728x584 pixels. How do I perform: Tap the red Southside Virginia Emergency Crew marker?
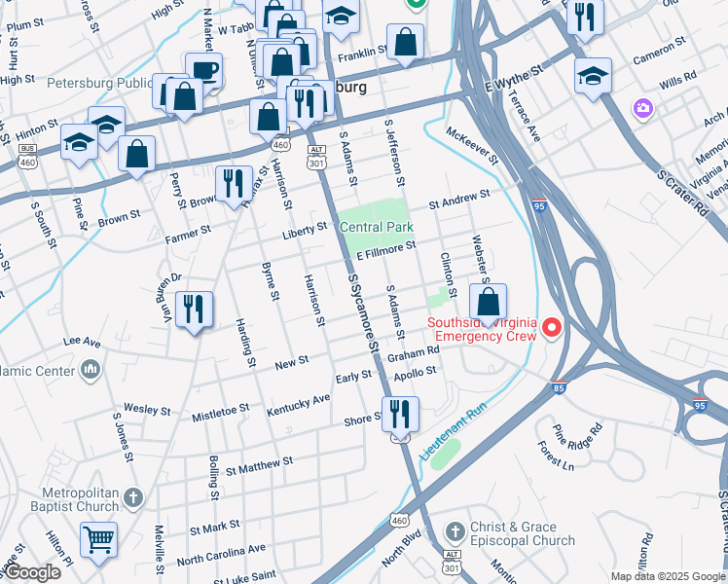[x=553, y=328]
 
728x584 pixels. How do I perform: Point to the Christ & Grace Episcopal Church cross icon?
[x=454, y=531]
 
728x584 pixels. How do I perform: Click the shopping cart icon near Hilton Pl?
[x=98, y=538]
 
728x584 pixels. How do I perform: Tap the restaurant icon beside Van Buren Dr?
[x=194, y=310]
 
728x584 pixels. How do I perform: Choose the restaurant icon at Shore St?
[x=400, y=414]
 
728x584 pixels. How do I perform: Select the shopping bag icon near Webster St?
[x=488, y=302]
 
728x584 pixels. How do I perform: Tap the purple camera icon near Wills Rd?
[x=641, y=107]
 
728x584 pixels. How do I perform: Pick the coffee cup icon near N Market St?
[x=204, y=70]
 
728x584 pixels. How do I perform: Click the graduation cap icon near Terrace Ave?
[x=593, y=78]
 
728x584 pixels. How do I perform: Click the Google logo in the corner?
[x=31, y=572]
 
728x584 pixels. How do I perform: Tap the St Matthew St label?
[x=259, y=467]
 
